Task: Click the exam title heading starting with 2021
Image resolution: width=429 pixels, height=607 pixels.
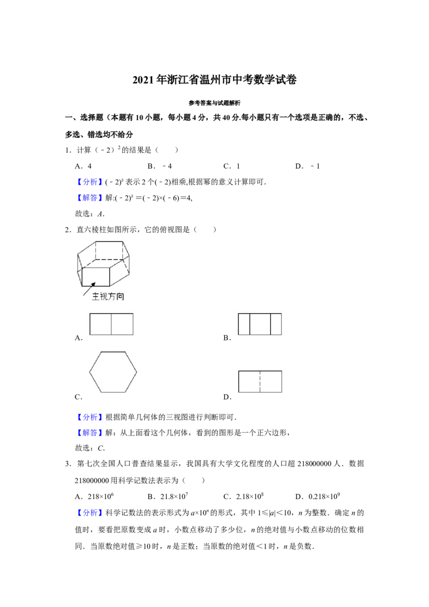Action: (x=214, y=80)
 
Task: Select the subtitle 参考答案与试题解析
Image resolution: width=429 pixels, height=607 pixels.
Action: (x=214, y=103)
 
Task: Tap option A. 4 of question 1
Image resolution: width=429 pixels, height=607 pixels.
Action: (x=83, y=166)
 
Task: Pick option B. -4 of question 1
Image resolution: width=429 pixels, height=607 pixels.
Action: (x=159, y=166)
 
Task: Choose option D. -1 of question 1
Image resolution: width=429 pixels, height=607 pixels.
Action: (x=307, y=166)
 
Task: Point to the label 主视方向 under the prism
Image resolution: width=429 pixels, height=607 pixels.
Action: (x=108, y=297)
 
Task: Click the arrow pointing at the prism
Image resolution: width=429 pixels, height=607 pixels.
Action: (x=90, y=289)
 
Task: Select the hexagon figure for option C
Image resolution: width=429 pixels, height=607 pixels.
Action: (x=113, y=372)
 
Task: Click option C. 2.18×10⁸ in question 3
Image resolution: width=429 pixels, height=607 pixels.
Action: (x=243, y=497)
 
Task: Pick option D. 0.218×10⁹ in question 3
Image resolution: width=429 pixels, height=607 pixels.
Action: (x=317, y=497)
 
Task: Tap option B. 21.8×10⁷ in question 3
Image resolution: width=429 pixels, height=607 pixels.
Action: (x=168, y=497)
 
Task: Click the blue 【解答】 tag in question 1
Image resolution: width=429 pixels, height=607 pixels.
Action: (x=90, y=198)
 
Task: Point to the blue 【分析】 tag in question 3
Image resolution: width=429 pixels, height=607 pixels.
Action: (x=90, y=513)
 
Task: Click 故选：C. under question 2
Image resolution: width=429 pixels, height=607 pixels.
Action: (x=90, y=448)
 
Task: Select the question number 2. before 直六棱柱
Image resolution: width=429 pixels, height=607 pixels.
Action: (x=68, y=230)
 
